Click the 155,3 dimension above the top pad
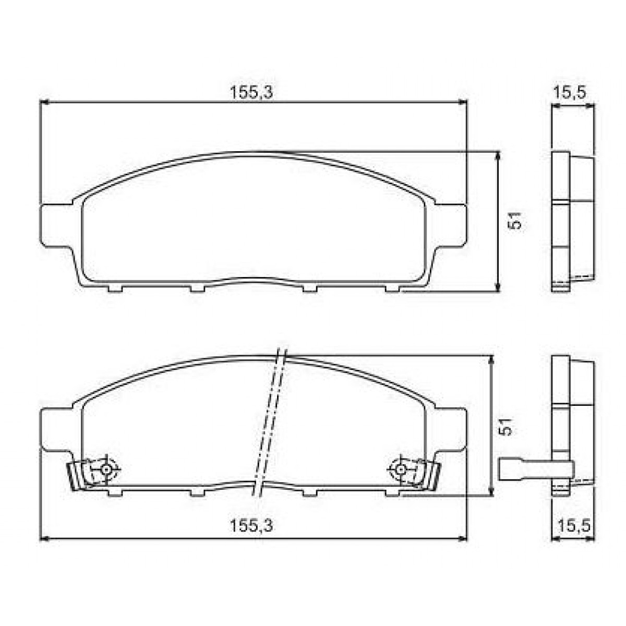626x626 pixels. tap(252, 93)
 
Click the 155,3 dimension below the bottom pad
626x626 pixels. tap(252, 526)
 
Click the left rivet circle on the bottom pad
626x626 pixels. tap(106, 469)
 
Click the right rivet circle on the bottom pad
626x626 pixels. tap(400, 469)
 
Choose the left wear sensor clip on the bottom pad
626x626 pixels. tap(78, 475)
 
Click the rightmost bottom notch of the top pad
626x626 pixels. tap(392, 288)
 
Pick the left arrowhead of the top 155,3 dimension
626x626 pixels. tap(44, 103)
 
